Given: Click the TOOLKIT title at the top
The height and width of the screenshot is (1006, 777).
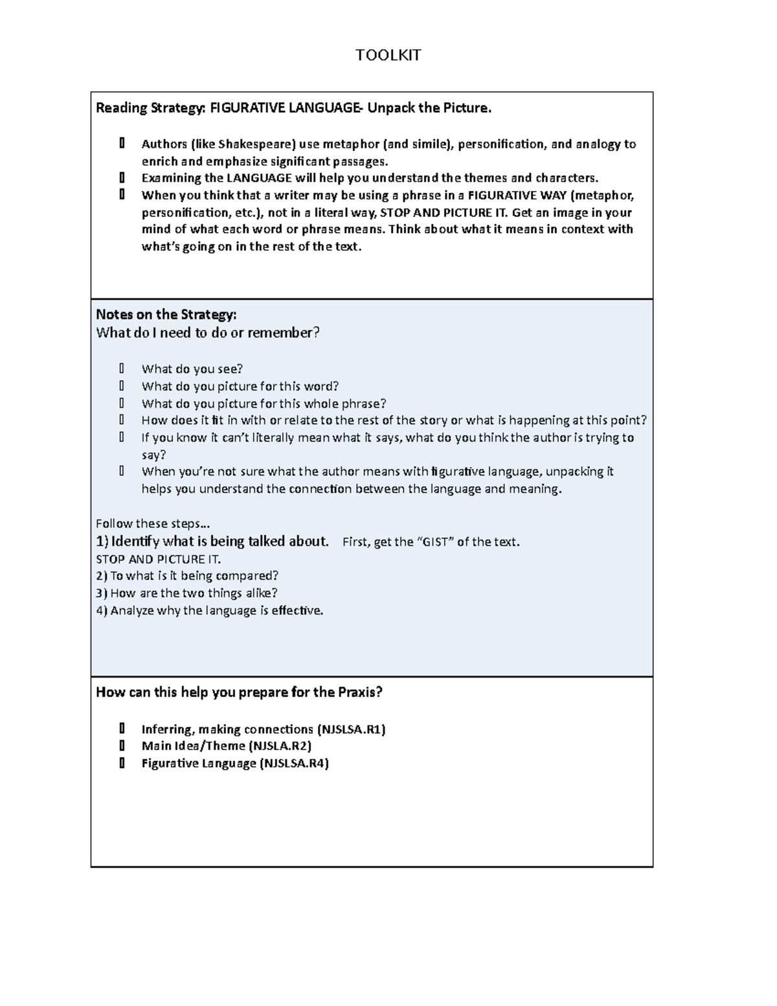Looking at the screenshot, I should (388, 55).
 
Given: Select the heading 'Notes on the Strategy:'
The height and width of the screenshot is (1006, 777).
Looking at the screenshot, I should (166, 315).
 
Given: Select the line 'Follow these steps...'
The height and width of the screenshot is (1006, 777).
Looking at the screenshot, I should (153, 523).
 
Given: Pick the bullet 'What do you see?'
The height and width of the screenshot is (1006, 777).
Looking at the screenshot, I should (192, 369).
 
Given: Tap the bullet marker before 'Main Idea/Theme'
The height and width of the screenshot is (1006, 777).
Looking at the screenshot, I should (122, 746).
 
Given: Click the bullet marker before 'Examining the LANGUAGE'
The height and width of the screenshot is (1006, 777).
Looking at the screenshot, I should (122, 178).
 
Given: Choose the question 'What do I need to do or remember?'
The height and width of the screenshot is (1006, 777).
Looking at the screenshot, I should (208, 333).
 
